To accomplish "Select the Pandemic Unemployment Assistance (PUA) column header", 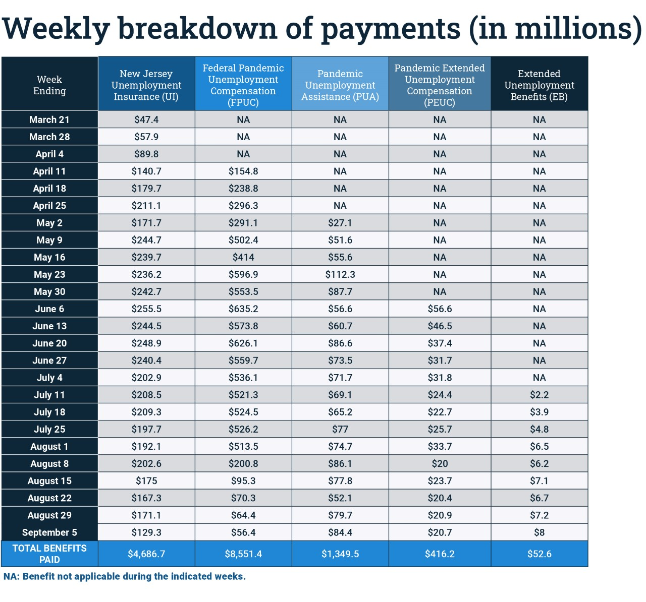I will tap(340, 85).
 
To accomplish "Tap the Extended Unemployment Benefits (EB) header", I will tap(539, 85).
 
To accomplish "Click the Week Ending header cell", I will tap(49, 85).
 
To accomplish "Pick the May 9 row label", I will tap(49, 240).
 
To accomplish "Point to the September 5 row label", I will tap(49, 532).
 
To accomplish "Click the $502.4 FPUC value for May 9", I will tap(243, 240).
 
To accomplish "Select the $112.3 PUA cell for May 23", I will tap(340, 274).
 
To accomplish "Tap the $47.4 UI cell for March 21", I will tap(146, 119).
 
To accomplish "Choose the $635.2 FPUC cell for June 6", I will tap(243, 309).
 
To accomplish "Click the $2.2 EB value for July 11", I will tap(539, 395).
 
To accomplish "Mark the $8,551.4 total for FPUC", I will tap(243, 554).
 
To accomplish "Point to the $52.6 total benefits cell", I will tap(539, 554).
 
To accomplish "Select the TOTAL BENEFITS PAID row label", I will tap(49, 554).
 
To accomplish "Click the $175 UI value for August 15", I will tap(146, 481).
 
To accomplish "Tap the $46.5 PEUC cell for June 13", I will tap(440, 326).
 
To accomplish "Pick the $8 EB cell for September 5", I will tap(539, 532).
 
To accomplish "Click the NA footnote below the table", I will tap(125, 576).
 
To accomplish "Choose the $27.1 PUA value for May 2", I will tap(340, 223).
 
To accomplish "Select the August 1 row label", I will tap(49, 447).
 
